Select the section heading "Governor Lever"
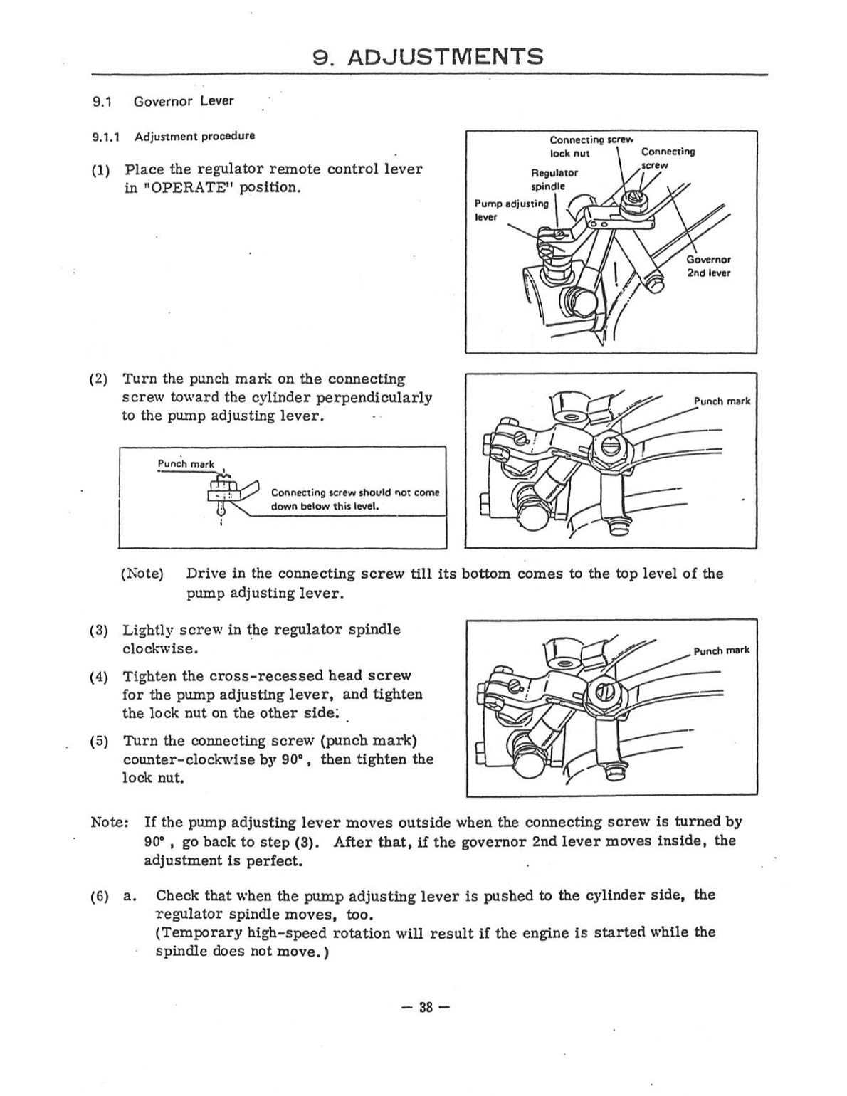pos(183,101)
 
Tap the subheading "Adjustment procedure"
pos(194,136)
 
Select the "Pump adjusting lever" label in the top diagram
pos(510,210)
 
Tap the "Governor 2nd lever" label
pos(707,266)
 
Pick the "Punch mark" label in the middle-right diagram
pos(721,401)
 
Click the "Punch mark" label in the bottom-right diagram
pos(721,650)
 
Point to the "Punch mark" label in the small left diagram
pos(185,464)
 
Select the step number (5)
pos(100,742)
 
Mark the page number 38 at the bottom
pos(426,1007)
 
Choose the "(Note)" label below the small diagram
pos(142,574)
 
